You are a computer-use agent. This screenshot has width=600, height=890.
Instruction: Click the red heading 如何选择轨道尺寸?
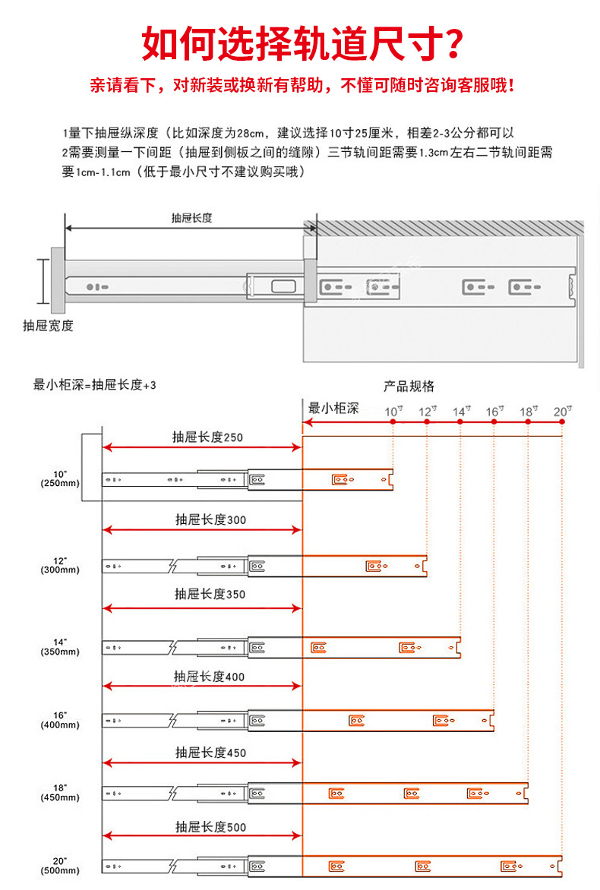tap(301, 43)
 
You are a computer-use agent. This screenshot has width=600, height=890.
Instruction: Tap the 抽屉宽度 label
tap(48, 326)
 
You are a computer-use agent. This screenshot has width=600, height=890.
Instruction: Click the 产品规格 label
tap(409, 387)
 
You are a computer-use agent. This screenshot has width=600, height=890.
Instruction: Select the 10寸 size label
tap(393, 412)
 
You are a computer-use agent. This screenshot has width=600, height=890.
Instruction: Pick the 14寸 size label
tap(460, 412)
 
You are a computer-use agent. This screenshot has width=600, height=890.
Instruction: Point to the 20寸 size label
tap(562, 412)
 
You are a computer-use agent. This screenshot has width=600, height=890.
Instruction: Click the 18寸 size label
tap(529, 412)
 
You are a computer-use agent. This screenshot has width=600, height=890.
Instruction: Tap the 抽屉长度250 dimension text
tap(207, 437)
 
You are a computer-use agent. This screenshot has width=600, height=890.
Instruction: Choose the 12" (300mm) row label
tap(60, 565)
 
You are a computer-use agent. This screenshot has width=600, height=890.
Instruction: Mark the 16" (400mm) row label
tap(60, 720)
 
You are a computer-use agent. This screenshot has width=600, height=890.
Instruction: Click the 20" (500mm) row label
tap(60, 866)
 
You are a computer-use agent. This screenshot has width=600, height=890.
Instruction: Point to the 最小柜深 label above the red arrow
tap(333, 408)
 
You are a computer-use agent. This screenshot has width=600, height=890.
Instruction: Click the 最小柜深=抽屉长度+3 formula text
tap(94, 385)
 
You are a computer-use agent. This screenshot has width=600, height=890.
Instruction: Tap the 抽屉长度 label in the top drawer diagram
tap(191, 217)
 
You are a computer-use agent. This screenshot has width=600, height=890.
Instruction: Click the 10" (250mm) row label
tap(60, 479)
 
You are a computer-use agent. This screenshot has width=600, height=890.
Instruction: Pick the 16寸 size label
tap(494, 412)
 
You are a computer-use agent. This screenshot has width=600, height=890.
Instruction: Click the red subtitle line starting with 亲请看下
tap(301, 84)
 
